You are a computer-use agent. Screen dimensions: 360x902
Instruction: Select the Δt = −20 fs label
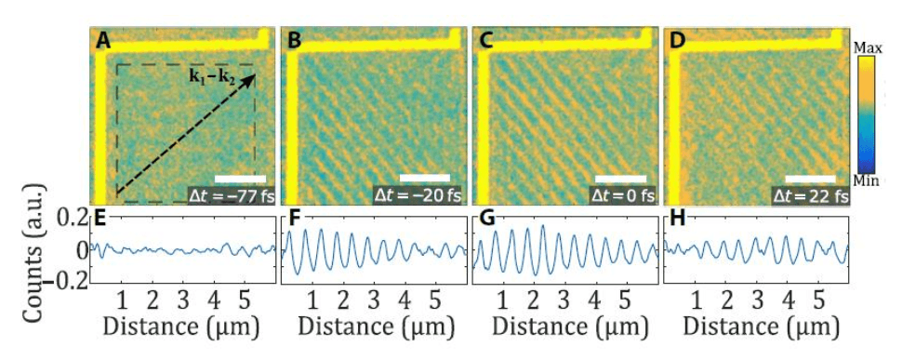pyautogui.click(x=418, y=195)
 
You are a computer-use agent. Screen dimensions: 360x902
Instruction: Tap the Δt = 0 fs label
pyautogui.click(x=613, y=195)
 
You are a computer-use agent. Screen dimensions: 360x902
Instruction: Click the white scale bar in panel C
pyautogui.click(x=620, y=176)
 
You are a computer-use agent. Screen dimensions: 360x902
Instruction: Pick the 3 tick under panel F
pyautogui.click(x=373, y=300)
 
